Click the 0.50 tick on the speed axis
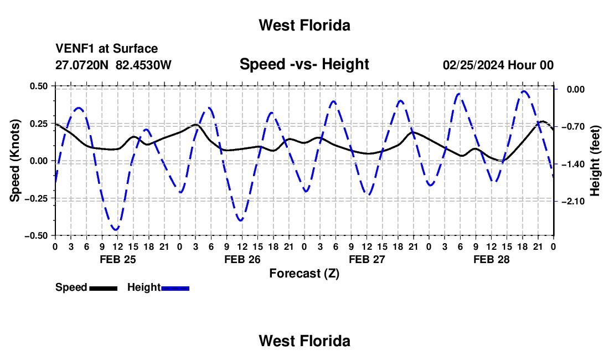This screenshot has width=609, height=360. click(38, 86)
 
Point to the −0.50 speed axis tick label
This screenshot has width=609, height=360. click(37, 236)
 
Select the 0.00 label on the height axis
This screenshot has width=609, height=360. click(576, 89)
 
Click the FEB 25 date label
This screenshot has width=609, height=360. click(118, 259)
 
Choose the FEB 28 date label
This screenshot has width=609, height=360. click(491, 259)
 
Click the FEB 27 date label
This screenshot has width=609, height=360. click(367, 259)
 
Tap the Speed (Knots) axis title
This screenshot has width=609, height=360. click(15, 161)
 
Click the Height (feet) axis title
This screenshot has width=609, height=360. click(595, 161)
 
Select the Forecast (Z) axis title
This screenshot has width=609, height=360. click(304, 274)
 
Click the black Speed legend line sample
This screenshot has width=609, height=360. click(104, 288)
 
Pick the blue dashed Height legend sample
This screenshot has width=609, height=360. click(175, 288)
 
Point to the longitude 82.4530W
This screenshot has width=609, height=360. click(143, 65)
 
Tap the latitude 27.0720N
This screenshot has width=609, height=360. click(82, 65)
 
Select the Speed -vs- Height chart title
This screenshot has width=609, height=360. click(304, 64)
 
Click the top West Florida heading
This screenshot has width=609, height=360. click(304, 25)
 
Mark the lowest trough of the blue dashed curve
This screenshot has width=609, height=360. click(116, 230)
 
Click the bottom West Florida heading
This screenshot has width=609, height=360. click(304, 341)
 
